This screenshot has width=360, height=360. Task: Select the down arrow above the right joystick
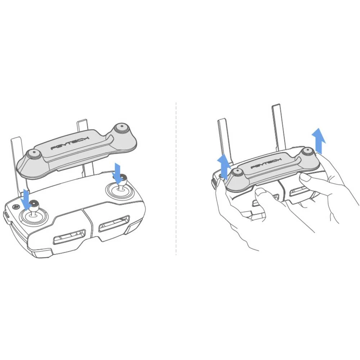click(116, 172)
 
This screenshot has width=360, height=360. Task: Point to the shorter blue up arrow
click(224, 166)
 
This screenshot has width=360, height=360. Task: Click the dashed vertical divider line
click(176, 180)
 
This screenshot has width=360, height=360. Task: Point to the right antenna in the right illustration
click(277, 126)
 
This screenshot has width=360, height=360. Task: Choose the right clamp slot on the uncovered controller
click(114, 224)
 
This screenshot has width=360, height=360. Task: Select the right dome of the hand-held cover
click(308, 150)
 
